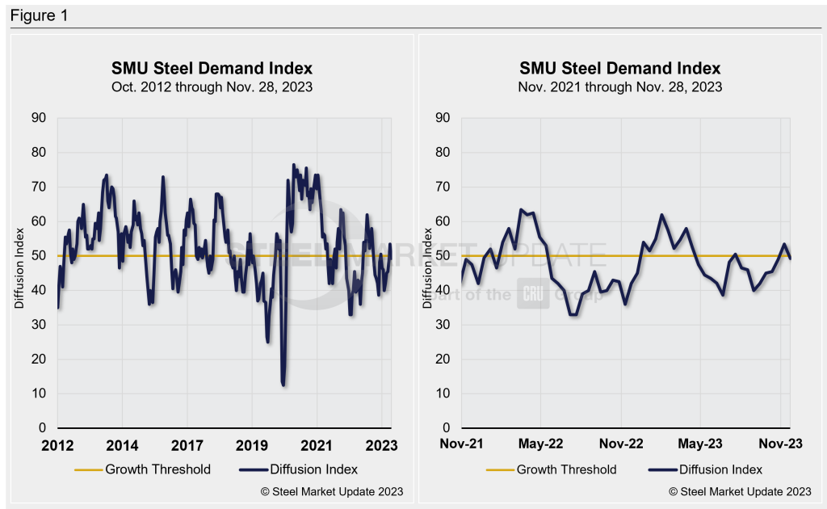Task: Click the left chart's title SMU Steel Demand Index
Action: tap(212, 68)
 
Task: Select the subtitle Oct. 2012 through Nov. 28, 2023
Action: tap(212, 86)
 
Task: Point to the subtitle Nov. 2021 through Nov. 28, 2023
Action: tap(620, 86)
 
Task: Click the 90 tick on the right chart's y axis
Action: tap(443, 118)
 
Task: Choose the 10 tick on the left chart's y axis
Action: tap(40, 393)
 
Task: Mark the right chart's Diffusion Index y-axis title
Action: tap(427, 273)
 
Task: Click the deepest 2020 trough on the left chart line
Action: tap(283, 385)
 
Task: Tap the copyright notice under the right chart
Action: tap(740, 491)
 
